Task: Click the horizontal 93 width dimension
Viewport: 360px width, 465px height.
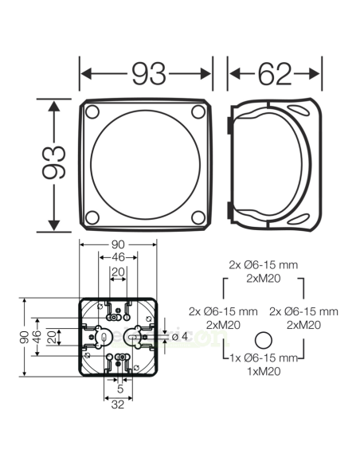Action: point(147,74)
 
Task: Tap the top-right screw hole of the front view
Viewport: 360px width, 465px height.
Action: point(200,112)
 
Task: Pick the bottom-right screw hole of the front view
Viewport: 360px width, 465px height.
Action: point(200,217)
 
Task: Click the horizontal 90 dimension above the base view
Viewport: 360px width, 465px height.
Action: point(119,246)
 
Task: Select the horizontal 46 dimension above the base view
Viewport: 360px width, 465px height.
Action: point(119,259)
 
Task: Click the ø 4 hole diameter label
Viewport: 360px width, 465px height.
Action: point(180,336)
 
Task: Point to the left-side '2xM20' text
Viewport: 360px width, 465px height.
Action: point(224,325)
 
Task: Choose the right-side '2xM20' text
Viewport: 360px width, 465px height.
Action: point(303,325)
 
